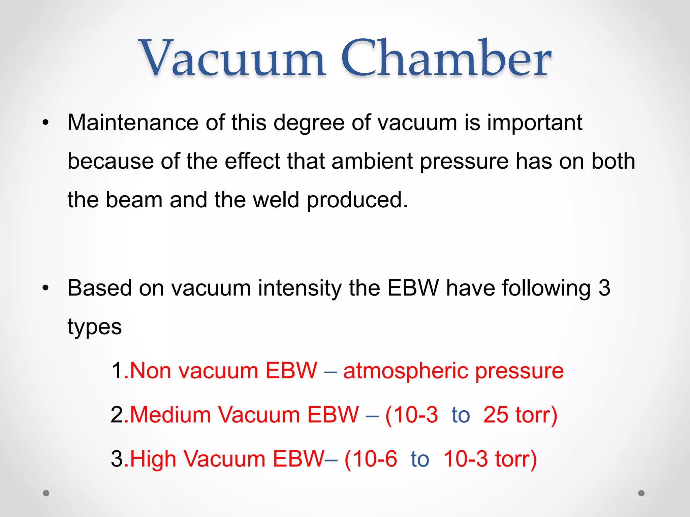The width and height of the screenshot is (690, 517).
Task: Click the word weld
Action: point(276,200)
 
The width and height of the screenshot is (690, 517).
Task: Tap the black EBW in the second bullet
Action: point(413,288)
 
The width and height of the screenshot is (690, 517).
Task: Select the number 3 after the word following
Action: point(604,288)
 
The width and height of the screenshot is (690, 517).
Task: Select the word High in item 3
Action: point(153,459)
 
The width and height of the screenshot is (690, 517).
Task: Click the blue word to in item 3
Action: point(420,459)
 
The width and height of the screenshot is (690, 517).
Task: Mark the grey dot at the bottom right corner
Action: point(641,493)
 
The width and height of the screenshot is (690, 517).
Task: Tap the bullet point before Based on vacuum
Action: point(46,288)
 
